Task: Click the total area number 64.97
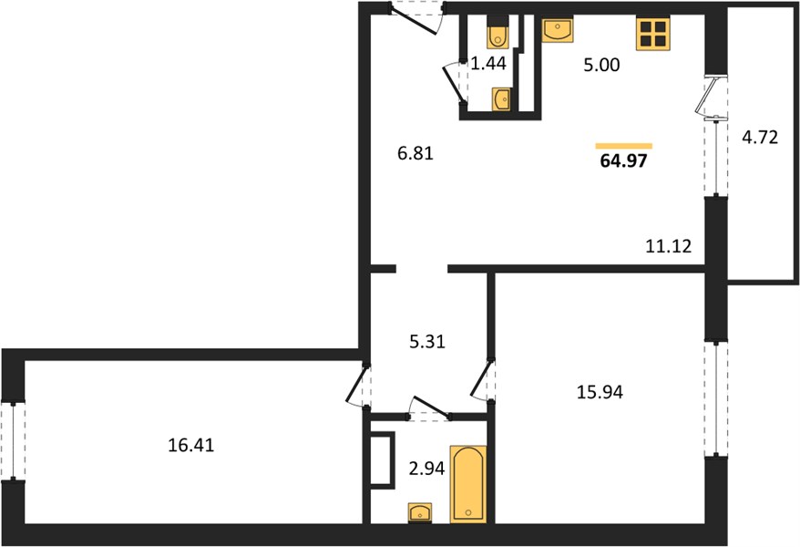coord(623,160)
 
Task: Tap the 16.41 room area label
coord(191,445)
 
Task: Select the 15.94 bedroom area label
coord(600,392)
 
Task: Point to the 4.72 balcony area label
coord(760,138)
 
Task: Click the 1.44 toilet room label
coord(488,63)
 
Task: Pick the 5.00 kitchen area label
coord(601,65)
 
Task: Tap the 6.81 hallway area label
coord(415,152)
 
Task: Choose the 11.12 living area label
coord(669,246)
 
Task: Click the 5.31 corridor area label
coord(427,341)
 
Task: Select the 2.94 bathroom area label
coord(427,468)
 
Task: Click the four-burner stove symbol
coord(652,33)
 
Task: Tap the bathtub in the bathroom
coord(467,484)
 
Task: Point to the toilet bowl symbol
coord(497,33)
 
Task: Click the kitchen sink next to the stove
coord(557,28)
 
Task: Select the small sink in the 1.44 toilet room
coord(501,99)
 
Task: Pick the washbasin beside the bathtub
coord(420,512)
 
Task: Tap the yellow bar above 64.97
coord(623,146)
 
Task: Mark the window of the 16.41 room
coord(13,441)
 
